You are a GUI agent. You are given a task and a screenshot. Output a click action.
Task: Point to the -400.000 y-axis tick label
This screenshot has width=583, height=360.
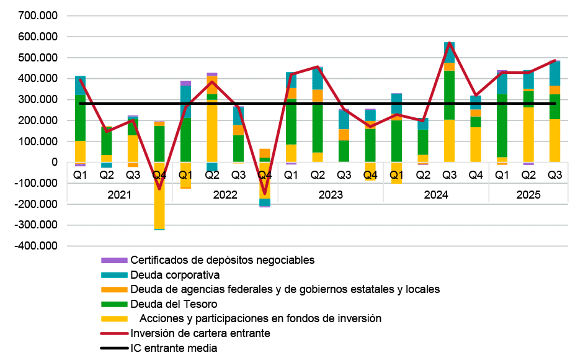(38, 246)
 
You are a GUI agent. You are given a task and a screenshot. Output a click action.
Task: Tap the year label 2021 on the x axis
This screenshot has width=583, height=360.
(119, 195)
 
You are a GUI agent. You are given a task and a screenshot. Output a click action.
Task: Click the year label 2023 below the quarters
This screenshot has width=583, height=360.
(331, 195)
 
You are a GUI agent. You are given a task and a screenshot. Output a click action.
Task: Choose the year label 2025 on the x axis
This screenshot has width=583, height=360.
(528, 195)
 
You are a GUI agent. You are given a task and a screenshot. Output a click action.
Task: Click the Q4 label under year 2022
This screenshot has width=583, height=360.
(265, 176)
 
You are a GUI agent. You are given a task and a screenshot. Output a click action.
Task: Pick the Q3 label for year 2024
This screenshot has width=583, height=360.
(450, 176)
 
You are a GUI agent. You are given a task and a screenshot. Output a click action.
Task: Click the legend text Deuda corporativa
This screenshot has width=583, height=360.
(175, 274)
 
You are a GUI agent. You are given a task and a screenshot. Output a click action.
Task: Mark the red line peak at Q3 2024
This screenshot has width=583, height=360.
(450, 43)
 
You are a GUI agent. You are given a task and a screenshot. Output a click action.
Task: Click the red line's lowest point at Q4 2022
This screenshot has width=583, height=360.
(265, 194)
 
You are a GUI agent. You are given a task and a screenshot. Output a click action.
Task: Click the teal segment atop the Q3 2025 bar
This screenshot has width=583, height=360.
(555, 73)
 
